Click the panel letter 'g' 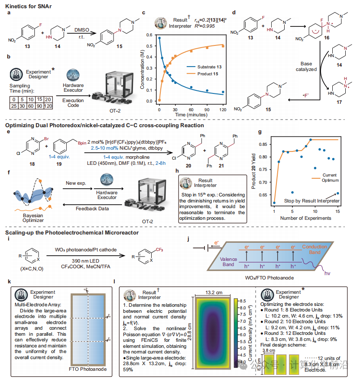259,132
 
